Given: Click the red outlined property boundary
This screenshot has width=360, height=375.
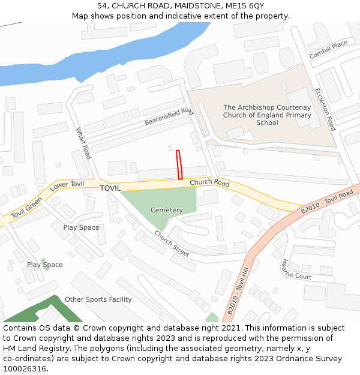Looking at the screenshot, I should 179,165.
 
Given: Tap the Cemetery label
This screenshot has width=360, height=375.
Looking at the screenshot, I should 166,210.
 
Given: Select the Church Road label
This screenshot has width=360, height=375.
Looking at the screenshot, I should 209,182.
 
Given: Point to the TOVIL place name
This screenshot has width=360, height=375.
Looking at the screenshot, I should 110,188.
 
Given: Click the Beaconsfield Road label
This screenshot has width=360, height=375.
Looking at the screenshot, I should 169,116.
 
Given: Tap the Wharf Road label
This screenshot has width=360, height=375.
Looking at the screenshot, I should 83,143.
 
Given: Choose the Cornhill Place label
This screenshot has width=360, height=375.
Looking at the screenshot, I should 328,49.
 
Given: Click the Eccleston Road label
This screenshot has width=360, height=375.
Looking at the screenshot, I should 325,109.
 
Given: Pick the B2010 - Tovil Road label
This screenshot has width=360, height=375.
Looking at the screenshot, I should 327,203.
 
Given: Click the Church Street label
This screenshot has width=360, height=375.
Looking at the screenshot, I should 172,244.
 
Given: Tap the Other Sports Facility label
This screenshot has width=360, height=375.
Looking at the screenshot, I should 98,299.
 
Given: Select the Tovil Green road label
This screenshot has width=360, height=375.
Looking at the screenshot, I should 27,208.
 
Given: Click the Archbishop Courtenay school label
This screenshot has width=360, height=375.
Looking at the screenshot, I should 267,115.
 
